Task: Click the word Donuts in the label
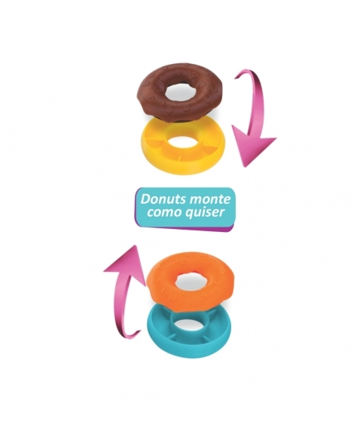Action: click(x=163, y=199)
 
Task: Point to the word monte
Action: click(x=209, y=200)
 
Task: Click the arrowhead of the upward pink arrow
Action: click(x=126, y=264)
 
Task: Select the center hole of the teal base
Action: click(x=189, y=325)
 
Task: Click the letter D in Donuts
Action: click(x=145, y=199)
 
